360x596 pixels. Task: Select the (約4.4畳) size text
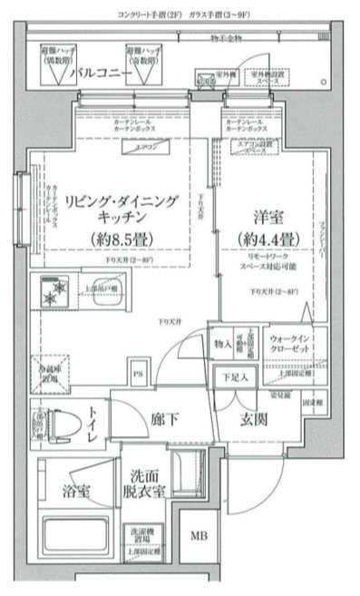pyautogui.click(x=262, y=239)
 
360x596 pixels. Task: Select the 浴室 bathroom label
pyautogui.click(x=76, y=492)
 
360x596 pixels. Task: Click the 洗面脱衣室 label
pyautogui.click(x=146, y=483)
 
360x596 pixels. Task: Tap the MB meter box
pyautogui.click(x=198, y=535)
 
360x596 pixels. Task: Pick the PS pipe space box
pyautogui.click(x=139, y=371)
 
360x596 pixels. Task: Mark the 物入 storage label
pyautogui.click(x=223, y=343)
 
